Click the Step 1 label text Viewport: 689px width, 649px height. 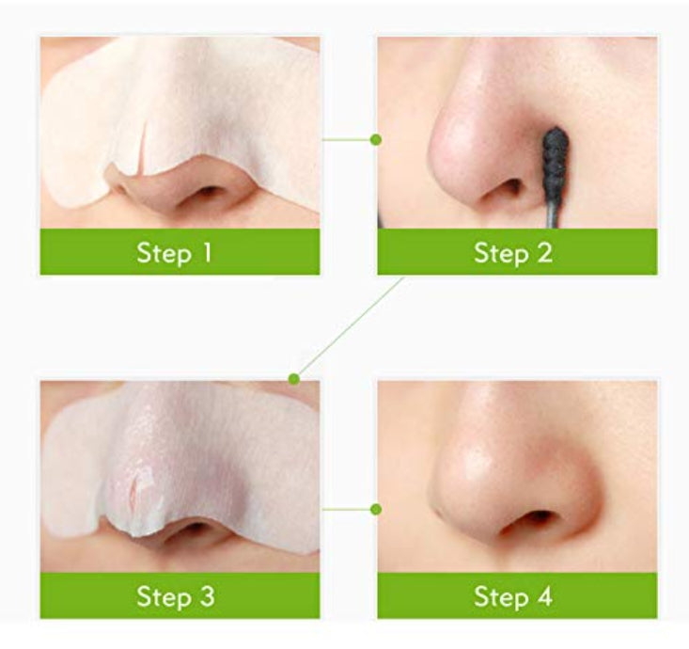(175, 253)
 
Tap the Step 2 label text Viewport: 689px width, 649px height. (513, 253)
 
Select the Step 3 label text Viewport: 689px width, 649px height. (176, 596)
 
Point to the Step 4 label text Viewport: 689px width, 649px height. (513, 596)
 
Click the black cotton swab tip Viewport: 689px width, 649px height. (555, 158)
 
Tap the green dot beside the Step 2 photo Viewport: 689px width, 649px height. (376, 140)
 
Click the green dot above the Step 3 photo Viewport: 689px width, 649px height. (294, 378)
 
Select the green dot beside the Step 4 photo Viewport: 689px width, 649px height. (376, 509)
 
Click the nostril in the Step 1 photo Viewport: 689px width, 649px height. (209, 192)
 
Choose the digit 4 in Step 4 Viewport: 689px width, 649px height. (543, 596)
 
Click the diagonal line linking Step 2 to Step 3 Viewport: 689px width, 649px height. (350, 327)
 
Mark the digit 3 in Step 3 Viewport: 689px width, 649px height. (206, 596)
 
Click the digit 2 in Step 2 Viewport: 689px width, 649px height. (544, 253)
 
